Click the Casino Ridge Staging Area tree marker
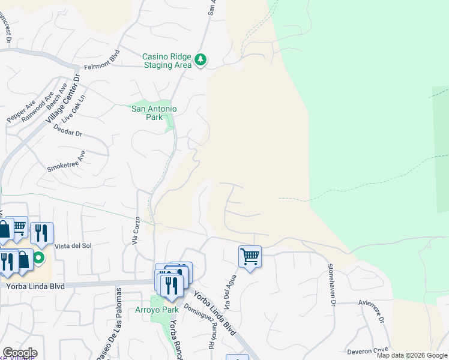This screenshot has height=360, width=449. pos(200,60)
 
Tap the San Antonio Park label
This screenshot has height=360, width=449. pos(154,113)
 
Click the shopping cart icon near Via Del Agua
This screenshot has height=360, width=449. pos(250,257)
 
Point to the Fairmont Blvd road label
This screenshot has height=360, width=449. pos(103,65)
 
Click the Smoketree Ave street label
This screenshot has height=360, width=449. pos(67,161)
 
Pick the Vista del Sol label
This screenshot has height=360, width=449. pos(73,246)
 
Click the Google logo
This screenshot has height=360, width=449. pos(20,353)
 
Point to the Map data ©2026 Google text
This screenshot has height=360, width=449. pos(412,355)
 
